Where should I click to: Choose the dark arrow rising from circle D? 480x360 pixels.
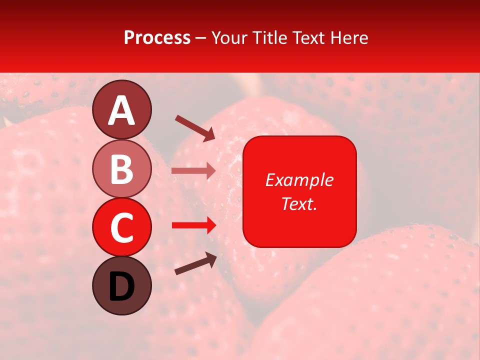point(195,263)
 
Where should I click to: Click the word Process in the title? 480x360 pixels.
point(157,38)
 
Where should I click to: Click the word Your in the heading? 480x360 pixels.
point(229,38)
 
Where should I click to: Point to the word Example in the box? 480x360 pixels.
point(299,180)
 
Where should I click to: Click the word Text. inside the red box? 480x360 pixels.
point(299,203)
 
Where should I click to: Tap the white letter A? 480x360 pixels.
point(122,111)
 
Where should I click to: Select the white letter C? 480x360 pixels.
point(122,228)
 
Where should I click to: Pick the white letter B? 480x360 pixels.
point(122,169)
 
